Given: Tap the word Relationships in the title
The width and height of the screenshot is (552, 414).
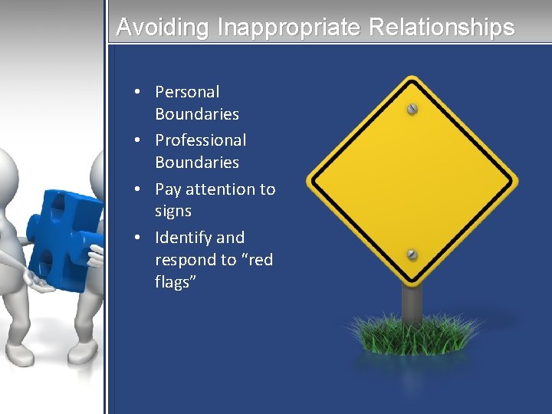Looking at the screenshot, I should [x=442, y=28].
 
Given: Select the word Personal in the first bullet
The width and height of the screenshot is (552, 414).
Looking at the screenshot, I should [x=187, y=92].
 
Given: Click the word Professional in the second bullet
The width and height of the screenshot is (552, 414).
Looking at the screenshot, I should [x=201, y=140].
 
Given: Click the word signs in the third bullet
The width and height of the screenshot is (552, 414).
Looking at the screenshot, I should [x=173, y=211].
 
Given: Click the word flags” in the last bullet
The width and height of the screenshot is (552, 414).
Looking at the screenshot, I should [x=176, y=282].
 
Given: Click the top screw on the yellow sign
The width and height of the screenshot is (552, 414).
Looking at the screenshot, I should [x=412, y=109].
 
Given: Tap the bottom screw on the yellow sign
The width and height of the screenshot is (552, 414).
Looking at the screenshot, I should [x=412, y=254].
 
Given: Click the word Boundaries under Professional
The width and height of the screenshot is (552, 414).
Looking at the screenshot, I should [x=197, y=163].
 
